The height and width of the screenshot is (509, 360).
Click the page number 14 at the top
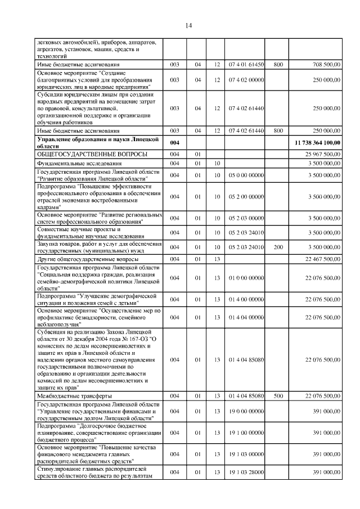click(188, 25)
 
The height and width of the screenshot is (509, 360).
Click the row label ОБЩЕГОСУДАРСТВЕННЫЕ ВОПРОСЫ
click(92, 154)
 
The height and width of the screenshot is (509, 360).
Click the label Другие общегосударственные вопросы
click(87, 259)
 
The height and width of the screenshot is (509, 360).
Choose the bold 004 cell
click(174, 143)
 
